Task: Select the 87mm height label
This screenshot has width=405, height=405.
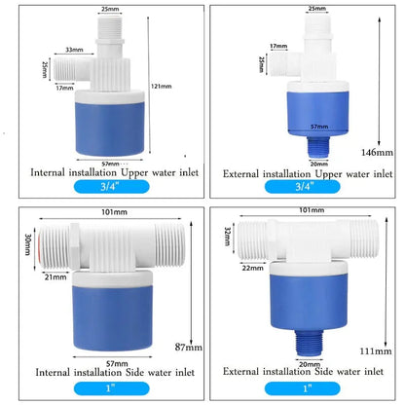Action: tap(187, 347)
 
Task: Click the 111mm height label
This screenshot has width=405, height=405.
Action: tap(378, 349)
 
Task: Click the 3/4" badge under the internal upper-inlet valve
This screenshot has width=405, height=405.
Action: tap(102, 189)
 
